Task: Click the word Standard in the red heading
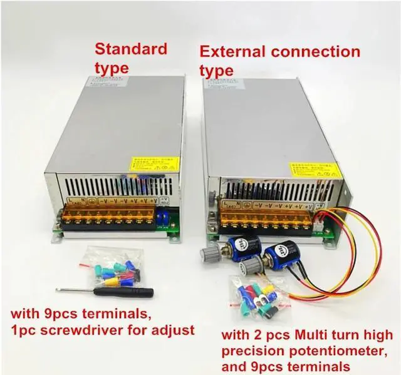pos(131,48)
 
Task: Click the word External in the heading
pos(231,52)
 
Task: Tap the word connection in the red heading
pos(317,52)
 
